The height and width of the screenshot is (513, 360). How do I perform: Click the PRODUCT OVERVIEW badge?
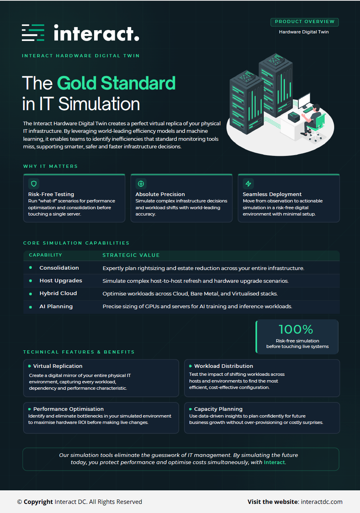(304, 22)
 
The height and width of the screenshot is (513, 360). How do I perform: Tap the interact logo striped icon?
(33, 33)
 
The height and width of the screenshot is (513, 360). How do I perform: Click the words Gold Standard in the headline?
(116, 83)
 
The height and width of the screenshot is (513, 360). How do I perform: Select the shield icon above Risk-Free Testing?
(34, 184)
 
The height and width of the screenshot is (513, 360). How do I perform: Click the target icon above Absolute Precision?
(141, 184)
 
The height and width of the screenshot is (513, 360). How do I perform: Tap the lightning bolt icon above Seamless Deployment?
(248, 184)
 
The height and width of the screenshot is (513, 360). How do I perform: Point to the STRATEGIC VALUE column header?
(131, 255)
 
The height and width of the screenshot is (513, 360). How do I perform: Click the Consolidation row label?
(59, 268)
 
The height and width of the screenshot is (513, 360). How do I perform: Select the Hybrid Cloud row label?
(58, 293)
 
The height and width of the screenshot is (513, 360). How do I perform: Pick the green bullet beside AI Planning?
(31, 307)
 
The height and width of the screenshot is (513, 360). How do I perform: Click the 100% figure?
(296, 329)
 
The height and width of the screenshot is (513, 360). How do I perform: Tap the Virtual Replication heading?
(58, 366)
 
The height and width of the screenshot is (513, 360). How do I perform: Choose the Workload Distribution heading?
(224, 366)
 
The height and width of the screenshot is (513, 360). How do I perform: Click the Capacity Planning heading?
(218, 409)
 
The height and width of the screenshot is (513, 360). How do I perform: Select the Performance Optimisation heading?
(68, 409)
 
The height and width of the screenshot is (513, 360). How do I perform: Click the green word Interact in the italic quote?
(274, 462)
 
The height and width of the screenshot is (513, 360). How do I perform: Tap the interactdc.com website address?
(321, 502)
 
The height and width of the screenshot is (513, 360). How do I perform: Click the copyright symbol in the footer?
(20, 502)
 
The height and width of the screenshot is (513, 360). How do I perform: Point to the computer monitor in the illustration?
(304, 100)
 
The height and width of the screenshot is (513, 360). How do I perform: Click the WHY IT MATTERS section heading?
(50, 166)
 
